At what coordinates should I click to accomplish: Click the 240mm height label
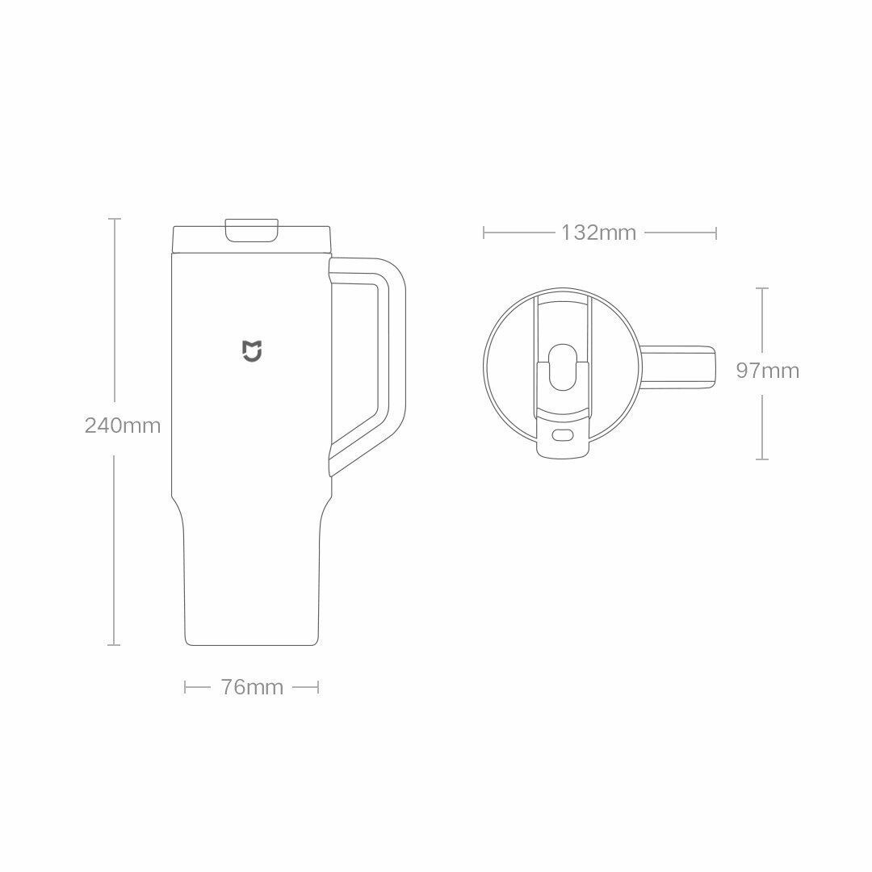(x=123, y=425)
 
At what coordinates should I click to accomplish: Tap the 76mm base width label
(x=252, y=687)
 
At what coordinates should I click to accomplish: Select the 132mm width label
(x=598, y=233)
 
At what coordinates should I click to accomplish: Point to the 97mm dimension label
(x=767, y=371)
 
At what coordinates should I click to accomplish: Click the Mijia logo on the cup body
(x=252, y=351)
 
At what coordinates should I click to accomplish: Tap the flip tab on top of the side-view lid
(x=252, y=230)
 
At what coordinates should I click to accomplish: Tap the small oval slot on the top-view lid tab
(x=562, y=436)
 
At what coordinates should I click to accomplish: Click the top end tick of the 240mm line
(x=115, y=219)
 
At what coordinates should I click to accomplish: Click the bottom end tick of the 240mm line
(x=115, y=644)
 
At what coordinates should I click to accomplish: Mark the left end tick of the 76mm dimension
(x=186, y=687)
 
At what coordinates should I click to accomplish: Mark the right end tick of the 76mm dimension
(x=318, y=687)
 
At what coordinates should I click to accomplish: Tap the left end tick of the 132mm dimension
(x=484, y=233)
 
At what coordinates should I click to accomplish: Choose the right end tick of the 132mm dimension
(x=716, y=233)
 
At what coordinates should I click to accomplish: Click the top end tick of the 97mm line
(x=761, y=287)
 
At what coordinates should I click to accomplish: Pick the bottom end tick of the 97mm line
(x=761, y=459)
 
